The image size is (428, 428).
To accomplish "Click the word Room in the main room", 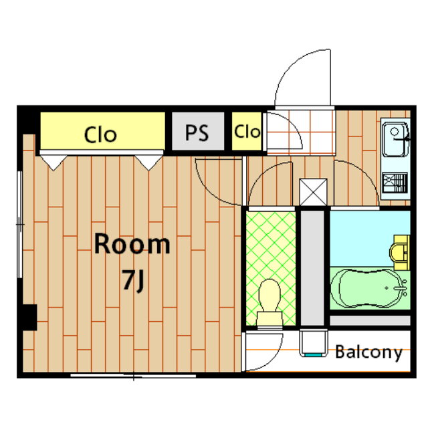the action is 132,243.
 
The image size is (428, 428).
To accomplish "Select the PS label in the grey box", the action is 197,132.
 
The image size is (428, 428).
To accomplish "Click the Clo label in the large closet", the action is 100,134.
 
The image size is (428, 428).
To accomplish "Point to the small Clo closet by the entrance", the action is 247,131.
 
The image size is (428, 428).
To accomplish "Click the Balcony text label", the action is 368,352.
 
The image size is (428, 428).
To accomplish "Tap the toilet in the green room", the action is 270,303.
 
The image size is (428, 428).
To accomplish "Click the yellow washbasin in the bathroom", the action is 400,253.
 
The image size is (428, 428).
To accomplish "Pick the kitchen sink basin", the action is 395,140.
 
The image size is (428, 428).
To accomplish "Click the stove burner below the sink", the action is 395,183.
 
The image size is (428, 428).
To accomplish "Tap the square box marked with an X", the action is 313,192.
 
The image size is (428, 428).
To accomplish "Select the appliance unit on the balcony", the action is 314,343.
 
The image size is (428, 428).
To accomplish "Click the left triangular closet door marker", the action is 53,163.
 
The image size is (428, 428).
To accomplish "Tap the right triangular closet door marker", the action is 148,163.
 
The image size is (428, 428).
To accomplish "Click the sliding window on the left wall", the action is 19,225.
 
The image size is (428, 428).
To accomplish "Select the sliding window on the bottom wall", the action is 133,376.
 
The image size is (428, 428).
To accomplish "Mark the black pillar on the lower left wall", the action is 29,318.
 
